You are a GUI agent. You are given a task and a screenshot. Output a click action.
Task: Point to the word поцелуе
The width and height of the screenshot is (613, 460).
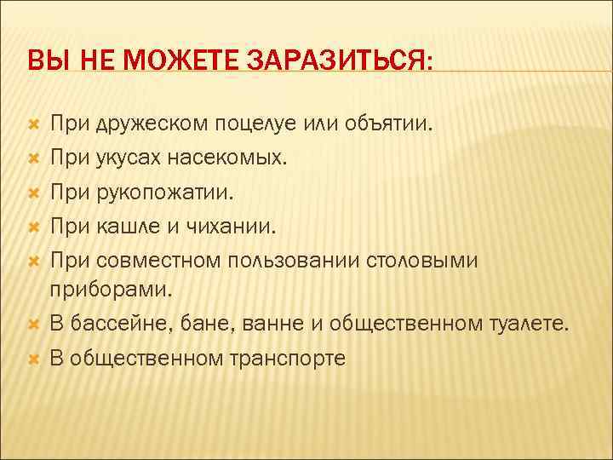tap(259, 125)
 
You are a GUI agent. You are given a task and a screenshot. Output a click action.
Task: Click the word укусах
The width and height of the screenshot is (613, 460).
tap(126, 158)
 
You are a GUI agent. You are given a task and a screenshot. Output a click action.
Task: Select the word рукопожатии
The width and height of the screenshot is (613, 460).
tap(157, 193)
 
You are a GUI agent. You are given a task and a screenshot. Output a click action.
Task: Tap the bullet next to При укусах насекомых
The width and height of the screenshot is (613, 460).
tap(35, 158)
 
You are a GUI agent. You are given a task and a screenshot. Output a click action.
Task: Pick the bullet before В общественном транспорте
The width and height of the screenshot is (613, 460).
tap(35, 358)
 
